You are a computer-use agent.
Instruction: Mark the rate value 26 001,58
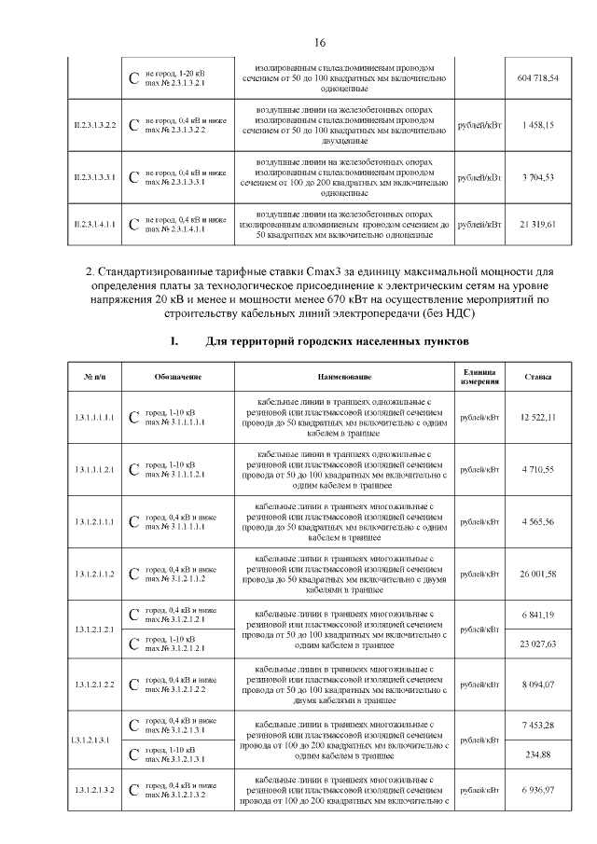click(x=537, y=573)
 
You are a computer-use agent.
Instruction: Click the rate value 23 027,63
click(x=537, y=643)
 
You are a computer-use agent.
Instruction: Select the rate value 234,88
click(x=537, y=754)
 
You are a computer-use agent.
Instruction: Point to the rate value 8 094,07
click(x=537, y=685)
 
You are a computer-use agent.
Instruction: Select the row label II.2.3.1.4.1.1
click(x=95, y=225)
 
